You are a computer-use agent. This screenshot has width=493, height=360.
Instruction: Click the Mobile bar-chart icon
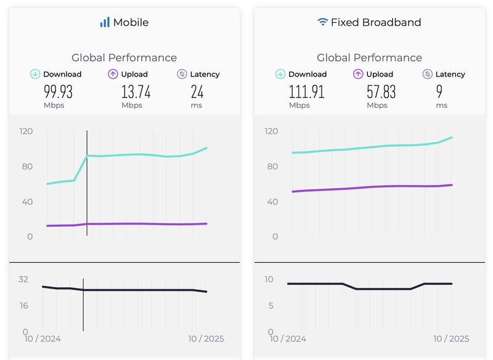click(105, 22)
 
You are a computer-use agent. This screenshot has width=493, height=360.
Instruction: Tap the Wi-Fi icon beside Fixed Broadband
click(322, 22)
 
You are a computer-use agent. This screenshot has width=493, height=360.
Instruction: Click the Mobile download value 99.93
click(58, 92)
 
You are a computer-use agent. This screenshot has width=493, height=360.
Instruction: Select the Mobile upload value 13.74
click(136, 92)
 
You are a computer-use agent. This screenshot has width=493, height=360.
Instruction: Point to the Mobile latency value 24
click(197, 92)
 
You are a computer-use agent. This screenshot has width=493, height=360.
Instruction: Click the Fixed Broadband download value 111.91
click(306, 92)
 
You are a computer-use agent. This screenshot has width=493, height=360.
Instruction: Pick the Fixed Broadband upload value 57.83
click(381, 92)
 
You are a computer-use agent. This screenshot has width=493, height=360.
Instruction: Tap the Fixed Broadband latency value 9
click(439, 92)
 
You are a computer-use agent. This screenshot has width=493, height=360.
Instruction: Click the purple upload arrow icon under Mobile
click(113, 74)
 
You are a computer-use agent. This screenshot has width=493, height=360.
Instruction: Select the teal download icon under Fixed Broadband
click(280, 74)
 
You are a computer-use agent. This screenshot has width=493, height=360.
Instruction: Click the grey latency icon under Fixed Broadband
click(427, 74)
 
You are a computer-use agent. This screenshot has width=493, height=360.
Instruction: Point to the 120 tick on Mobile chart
click(25, 131)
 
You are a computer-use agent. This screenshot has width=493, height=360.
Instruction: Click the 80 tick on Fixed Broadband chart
click(271, 166)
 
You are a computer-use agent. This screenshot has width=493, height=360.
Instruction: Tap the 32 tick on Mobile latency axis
click(23, 279)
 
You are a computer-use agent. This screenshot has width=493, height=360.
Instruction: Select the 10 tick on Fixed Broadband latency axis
click(269, 279)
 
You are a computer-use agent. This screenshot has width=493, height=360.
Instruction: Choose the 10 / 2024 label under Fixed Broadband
click(288, 338)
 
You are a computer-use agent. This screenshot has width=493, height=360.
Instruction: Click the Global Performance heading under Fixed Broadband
click(369, 57)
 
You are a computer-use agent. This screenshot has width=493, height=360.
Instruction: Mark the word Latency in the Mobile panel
click(205, 74)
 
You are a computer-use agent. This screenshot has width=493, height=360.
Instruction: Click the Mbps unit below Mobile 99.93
click(54, 105)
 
